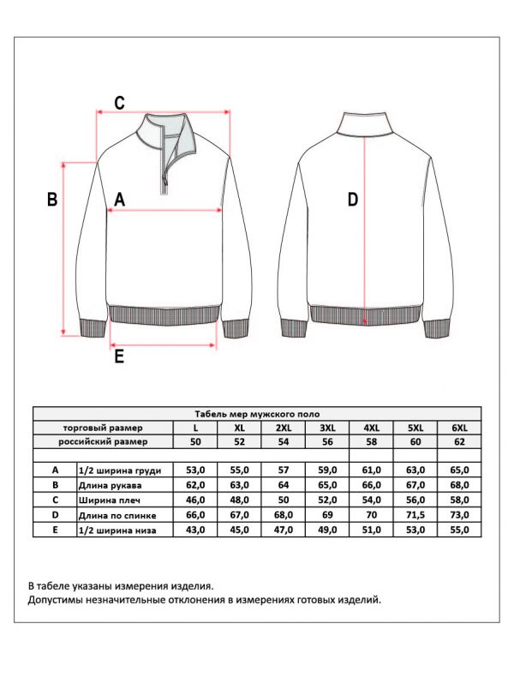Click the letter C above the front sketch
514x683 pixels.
click(x=120, y=103)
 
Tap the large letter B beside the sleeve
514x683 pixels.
click(x=52, y=200)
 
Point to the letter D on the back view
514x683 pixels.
click(x=352, y=200)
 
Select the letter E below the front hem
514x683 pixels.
click(x=119, y=356)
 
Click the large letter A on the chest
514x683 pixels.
click(x=119, y=200)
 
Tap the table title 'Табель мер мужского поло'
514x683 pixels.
click(x=256, y=413)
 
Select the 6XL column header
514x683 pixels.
click(x=459, y=428)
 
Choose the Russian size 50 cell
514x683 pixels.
click(x=194, y=442)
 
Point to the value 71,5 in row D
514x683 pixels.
click(x=415, y=515)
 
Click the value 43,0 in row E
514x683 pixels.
click(x=194, y=530)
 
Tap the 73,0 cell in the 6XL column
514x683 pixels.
click(x=459, y=515)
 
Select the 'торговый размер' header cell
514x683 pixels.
click(x=103, y=428)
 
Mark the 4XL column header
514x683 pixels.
click(x=371, y=428)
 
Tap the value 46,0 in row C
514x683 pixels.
click(x=194, y=500)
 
